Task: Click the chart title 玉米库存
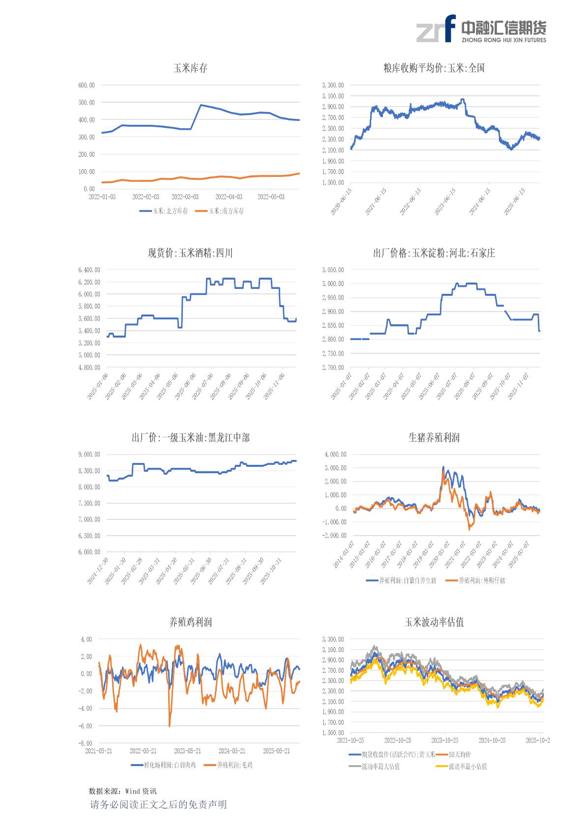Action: pos(190,68)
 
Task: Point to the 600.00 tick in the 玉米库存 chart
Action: pos(87,85)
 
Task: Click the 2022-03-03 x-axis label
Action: pos(185,197)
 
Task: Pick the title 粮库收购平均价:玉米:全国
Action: pos(434,68)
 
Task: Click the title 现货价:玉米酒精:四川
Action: pos(190,253)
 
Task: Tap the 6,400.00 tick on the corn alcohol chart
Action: pos(89,270)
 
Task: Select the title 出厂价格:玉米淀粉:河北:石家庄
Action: pos(434,253)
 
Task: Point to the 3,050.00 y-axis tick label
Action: pos(333,270)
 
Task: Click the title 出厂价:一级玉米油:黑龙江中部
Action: pos(190,437)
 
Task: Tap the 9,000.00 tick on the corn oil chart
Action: pos(89,455)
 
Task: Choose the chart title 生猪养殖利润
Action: pos(434,437)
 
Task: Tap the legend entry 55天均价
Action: pos(460,755)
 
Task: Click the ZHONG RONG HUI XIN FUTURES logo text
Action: pos(503,40)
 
